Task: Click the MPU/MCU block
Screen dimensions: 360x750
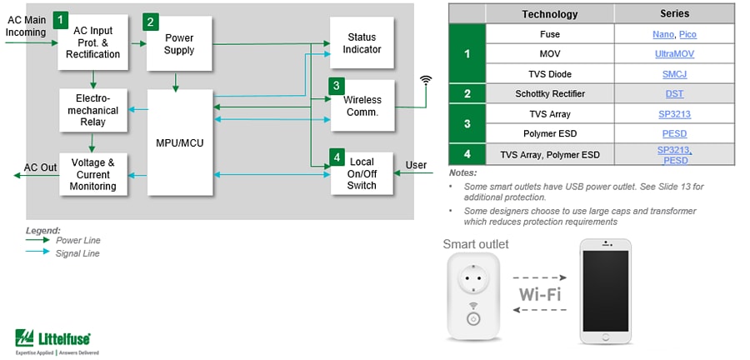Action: tap(178, 142)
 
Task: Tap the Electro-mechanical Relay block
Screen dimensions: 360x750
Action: tap(93, 110)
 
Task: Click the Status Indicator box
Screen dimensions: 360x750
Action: tap(362, 43)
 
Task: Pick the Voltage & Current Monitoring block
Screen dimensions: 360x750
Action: tap(93, 174)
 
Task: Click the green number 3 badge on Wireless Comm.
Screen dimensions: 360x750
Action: tap(336, 86)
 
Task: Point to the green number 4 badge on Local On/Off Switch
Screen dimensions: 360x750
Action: tap(336, 157)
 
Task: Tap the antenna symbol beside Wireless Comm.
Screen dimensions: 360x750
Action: tap(426, 81)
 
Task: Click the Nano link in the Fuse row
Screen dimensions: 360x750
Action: tap(662, 34)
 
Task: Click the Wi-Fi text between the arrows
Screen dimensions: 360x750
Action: tap(539, 295)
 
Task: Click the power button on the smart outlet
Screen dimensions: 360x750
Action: tap(472, 318)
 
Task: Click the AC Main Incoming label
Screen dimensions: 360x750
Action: tap(26, 26)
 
